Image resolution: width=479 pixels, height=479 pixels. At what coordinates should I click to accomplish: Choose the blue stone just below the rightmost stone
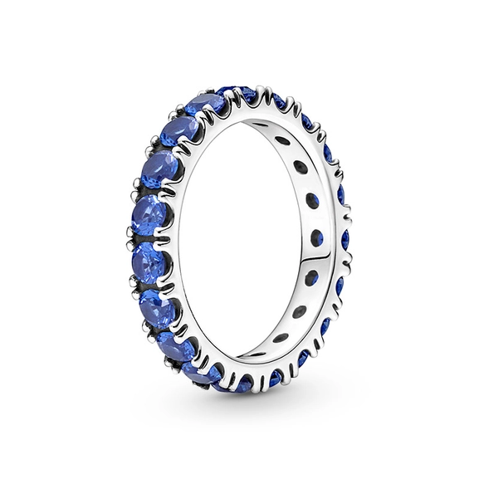[340, 286]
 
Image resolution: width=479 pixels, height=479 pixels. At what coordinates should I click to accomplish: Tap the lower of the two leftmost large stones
[149, 262]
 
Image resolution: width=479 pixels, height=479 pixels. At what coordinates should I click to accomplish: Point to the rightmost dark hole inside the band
[316, 238]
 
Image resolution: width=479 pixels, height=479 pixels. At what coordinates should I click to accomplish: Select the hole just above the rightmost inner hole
[311, 200]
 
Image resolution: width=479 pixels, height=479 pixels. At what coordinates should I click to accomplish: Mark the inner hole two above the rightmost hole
[301, 167]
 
